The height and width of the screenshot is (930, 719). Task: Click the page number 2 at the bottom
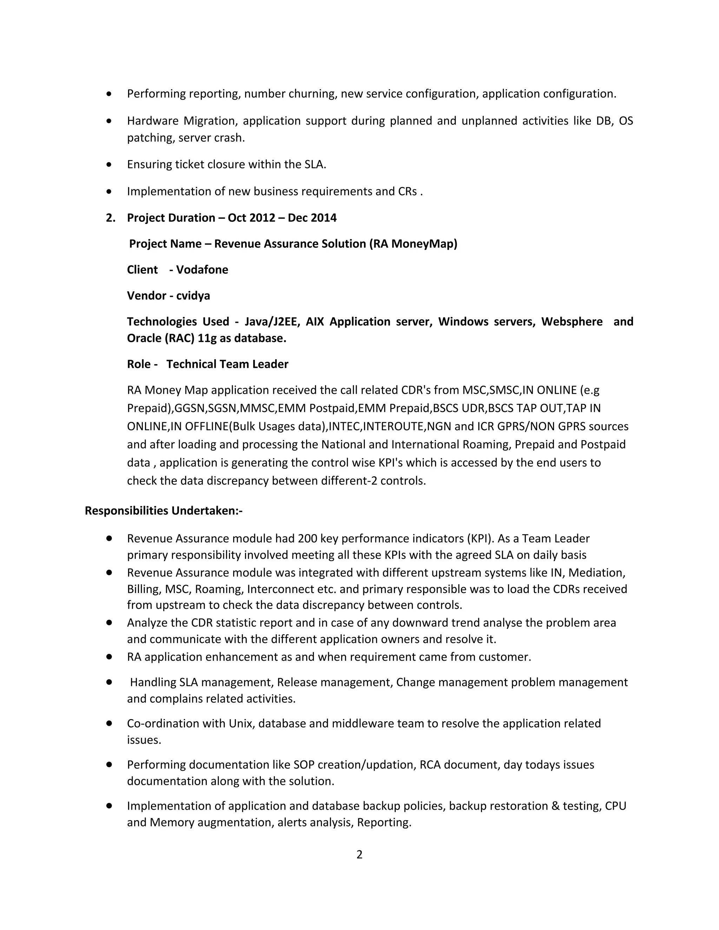pyautogui.click(x=359, y=855)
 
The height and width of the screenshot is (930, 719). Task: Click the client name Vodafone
pyautogui.click(x=202, y=270)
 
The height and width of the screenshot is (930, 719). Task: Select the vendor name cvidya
pyautogui.click(x=193, y=295)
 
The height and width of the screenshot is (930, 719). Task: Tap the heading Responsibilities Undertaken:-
pyautogui.click(x=164, y=511)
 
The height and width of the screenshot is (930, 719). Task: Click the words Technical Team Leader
pyautogui.click(x=227, y=364)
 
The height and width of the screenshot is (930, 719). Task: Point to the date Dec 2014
pyautogui.click(x=312, y=218)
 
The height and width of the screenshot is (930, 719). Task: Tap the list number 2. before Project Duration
pyautogui.click(x=110, y=218)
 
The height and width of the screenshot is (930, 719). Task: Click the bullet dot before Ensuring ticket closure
pyautogui.click(x=110, y=164)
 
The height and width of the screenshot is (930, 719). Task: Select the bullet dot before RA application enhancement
pyautogui.click(x=110, y=657)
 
